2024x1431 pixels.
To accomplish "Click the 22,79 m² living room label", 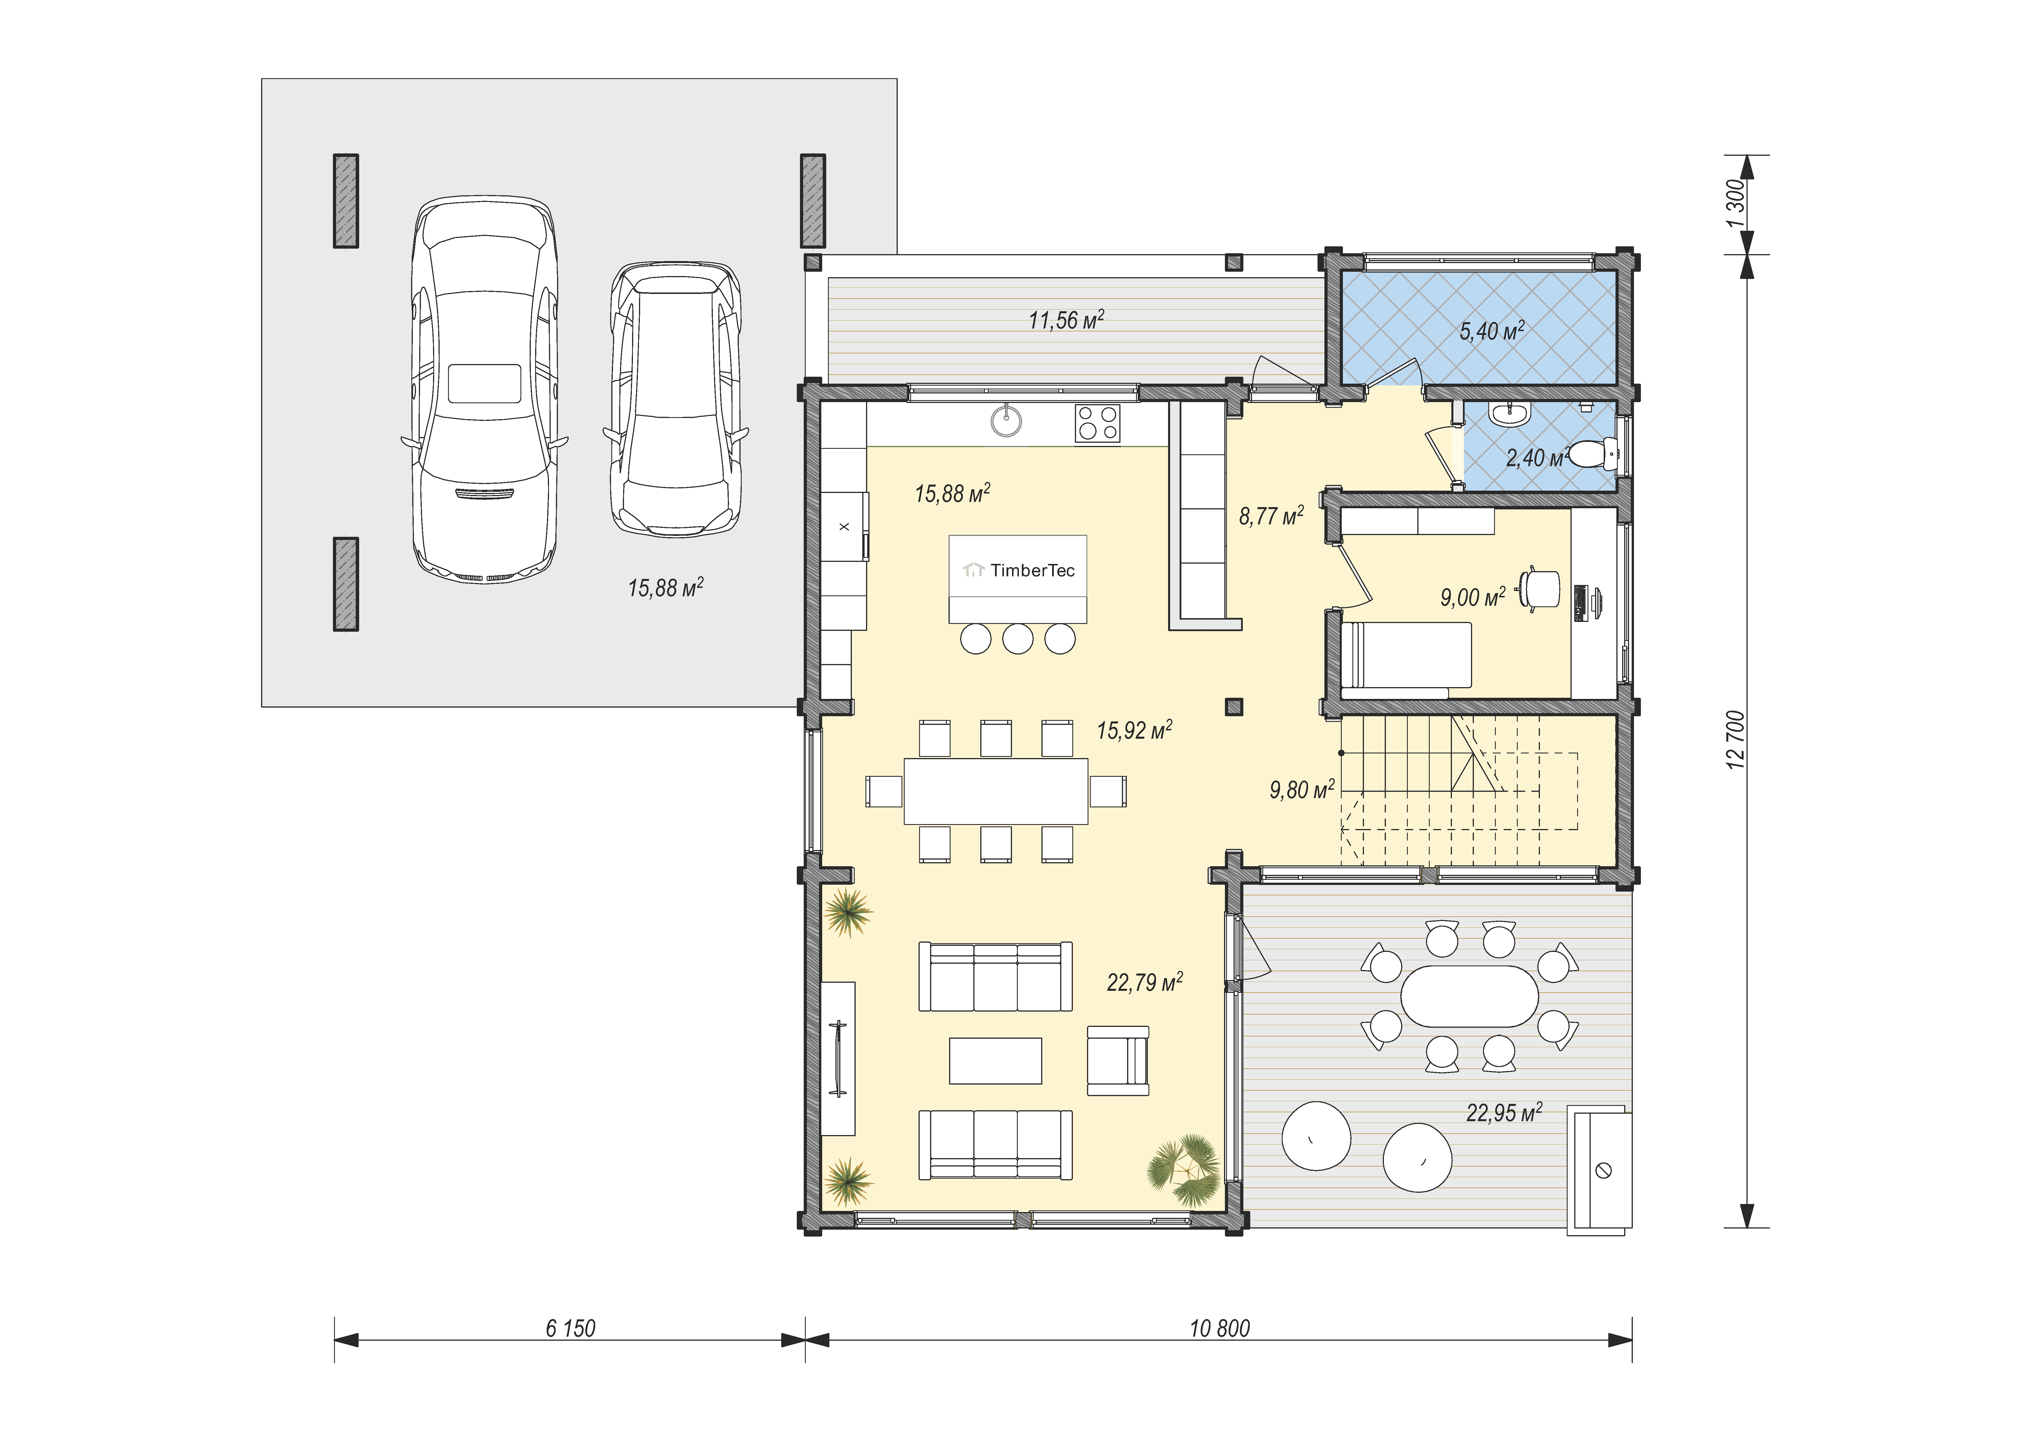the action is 1144,982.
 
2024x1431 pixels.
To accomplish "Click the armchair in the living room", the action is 1118,1061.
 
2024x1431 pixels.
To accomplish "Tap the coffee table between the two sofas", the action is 995,1061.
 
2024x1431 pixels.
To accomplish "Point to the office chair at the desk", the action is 1539,589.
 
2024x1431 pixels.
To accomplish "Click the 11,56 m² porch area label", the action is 1067,320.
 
